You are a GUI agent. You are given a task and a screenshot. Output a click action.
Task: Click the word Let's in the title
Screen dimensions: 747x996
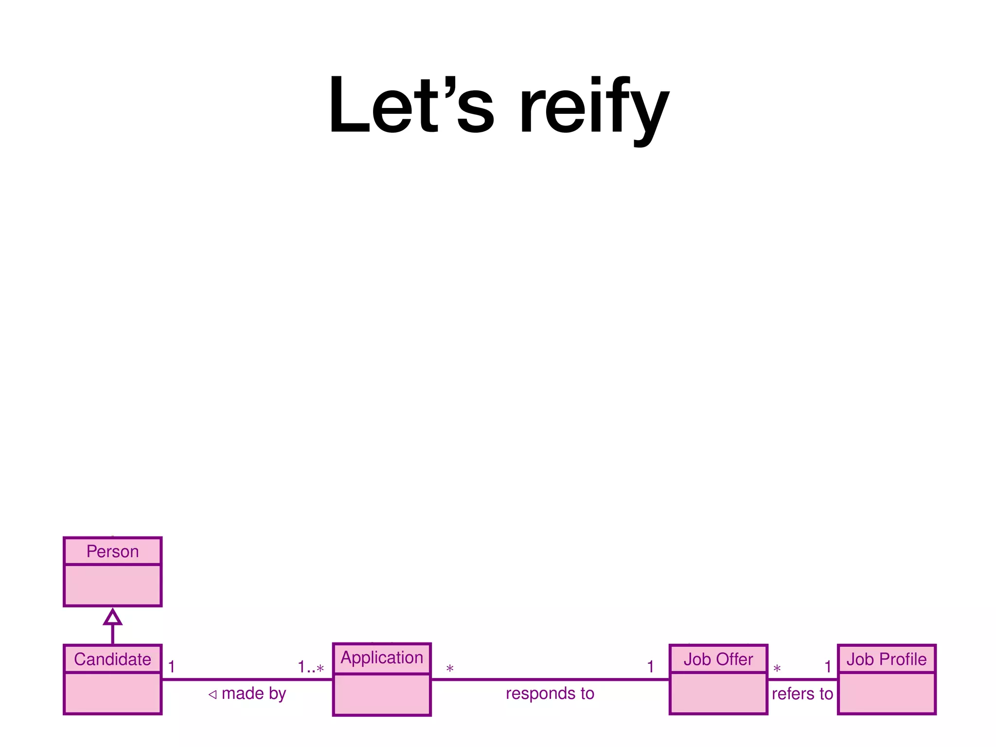(x=411, y=105)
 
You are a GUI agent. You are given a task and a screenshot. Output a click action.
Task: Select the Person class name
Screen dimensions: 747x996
(x=112, y=551)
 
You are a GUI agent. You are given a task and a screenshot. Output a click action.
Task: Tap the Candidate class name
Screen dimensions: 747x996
(x=112, y=659)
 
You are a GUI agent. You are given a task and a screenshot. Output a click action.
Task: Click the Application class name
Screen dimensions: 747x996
(x=382, y=658)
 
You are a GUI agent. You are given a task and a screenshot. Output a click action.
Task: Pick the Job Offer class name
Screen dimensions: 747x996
(x=718, y=659)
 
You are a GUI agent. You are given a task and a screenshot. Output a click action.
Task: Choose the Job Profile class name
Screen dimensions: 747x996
(x=886, y=659)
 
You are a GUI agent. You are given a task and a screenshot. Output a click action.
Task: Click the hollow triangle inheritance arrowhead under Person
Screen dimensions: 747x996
(x=112, y=618)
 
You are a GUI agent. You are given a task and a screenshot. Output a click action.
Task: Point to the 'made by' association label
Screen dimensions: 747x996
(x=253, y=694)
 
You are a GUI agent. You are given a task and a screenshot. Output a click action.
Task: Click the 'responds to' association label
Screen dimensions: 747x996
(x=550, y=694)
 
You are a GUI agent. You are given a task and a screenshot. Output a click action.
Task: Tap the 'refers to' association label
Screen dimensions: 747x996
(x=802, y=694)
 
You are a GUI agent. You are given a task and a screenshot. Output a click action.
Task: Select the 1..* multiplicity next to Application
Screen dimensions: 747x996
(x=311, y=667)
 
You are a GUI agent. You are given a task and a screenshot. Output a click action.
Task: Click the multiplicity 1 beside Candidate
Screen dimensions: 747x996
(x=171, y=667)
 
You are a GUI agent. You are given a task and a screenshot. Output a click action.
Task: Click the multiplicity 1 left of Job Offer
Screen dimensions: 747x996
(x=650, y=667)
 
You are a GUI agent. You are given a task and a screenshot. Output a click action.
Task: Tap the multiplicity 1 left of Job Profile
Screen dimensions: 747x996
(x=828, y=667)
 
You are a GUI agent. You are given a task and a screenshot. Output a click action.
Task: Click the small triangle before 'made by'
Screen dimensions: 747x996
(x=213, y=694)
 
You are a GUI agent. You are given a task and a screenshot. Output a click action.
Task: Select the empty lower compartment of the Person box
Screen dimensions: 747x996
(x=112, y=585)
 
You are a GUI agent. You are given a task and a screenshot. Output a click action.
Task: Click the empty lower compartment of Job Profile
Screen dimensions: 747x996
(x=886, y=693)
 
